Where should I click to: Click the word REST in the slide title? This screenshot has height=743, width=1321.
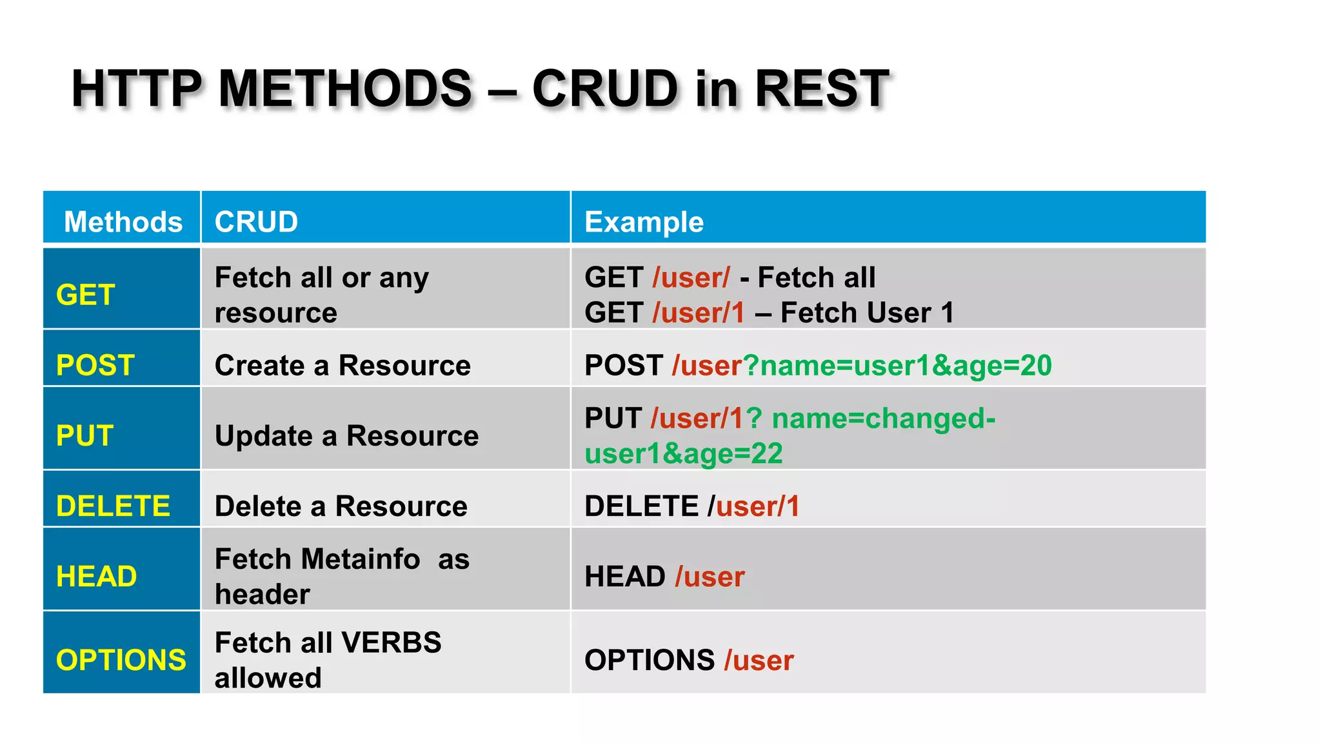click(822, 88)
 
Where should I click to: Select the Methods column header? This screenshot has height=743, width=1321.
click(123, 222)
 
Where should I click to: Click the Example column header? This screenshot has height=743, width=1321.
click(644, 222)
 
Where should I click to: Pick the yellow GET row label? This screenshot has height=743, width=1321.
click(85, 295)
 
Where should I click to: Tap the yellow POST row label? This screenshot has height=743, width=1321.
click(95, 365)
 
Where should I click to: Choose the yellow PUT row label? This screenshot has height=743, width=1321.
click(84, 435)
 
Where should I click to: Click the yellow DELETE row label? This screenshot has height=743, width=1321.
click(113, 506)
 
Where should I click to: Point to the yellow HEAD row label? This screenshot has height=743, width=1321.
click(96, 576)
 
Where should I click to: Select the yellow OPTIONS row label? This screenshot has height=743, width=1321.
click(121, 660)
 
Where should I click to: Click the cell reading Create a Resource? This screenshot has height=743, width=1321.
click(343, 365)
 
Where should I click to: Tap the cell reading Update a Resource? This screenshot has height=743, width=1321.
click(346, 435)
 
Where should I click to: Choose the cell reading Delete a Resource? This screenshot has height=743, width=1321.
click(341, 506)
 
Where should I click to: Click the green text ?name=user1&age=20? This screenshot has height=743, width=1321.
click(897, 365)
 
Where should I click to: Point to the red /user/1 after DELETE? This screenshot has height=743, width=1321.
click(754, 506)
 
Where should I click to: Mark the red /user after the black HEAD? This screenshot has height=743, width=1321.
click(710, 576)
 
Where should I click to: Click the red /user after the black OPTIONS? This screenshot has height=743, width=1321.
click(759, 660)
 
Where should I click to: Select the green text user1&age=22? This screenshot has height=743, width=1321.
click(684, 453)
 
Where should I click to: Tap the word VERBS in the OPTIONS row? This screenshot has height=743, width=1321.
click(391, 642)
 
